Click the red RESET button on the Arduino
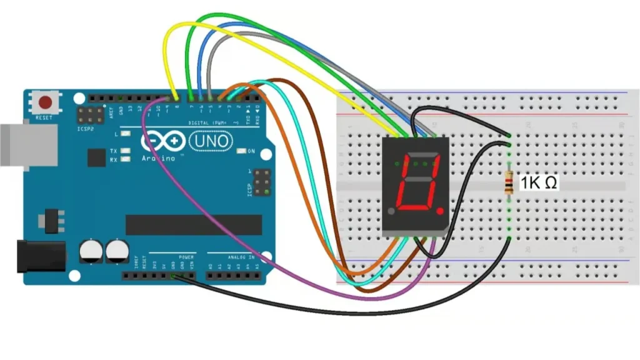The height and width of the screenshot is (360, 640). (x=46, y=102)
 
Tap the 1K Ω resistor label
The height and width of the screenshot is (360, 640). (x=539, y=183)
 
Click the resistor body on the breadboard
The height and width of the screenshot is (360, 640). (x=509, y=183)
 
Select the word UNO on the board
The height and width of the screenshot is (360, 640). (x=211, y=142)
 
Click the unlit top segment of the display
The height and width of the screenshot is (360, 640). (x=420, y=156)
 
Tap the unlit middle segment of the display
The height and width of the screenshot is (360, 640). (x=416, y=181)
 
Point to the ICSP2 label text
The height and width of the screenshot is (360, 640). (x=86, y=129)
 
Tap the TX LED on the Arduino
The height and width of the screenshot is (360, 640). (x=126, y=151)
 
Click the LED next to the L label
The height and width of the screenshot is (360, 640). (x=126, y=134)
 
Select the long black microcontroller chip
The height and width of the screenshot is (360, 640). (x=194, y=224)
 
